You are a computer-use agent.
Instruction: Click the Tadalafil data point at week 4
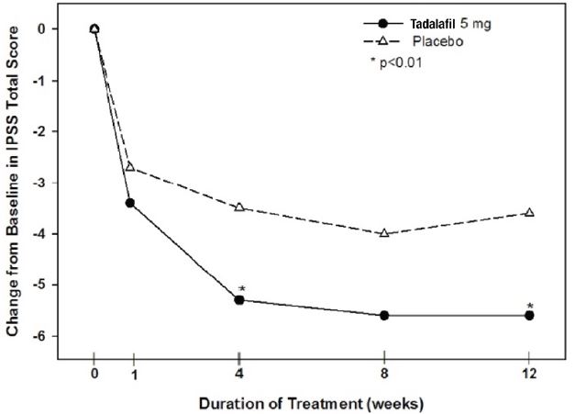coord(239,299)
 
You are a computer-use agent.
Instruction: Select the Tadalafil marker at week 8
coord(384,315)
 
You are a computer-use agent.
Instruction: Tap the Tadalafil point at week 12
coord(529,315)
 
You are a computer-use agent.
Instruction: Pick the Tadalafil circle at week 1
coord(130,202)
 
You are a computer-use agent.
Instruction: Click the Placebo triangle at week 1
coord(130,167)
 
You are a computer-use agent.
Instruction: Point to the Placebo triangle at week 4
coord(239,207)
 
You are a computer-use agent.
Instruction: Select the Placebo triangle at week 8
coord(384,233)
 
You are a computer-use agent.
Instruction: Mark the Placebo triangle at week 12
coord(529,213)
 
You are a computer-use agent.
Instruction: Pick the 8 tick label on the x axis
coord(384,373)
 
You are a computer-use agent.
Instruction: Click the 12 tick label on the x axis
coord(529,373)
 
